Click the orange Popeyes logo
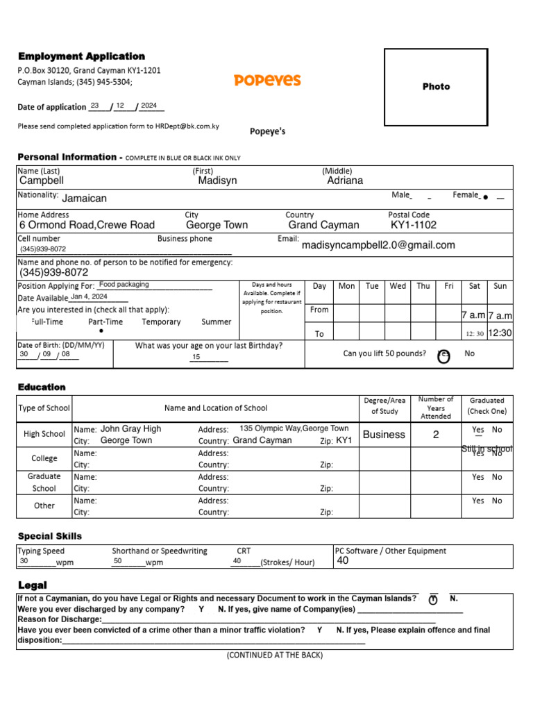point(267,80)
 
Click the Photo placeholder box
point(436,87)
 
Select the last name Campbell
point(42,181)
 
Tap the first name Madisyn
point(217,181)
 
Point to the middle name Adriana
point(345,181)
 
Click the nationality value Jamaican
point(85,199)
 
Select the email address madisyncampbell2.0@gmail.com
point(378,245)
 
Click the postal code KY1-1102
point(414,225)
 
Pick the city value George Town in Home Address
point(217,225)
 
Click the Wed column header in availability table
point(398,286)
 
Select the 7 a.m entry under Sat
point(473,315)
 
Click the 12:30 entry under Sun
point(500,333)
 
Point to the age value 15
point(196,357)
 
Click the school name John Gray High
point(130,429)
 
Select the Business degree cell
point(384,435)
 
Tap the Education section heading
point(42,387)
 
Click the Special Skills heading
point(49,536)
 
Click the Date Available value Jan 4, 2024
point(89,296)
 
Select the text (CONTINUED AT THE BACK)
point(274,655)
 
